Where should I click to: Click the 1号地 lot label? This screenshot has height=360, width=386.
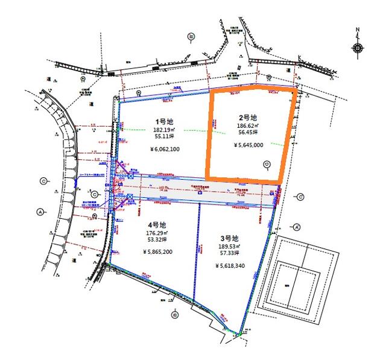pyautogui.click(x=165, y=121)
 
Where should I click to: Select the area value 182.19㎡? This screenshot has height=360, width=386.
pyautogui.click(x=165, y=130)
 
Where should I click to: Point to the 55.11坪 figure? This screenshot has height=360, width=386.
pyautogui.click(x=165, y=138)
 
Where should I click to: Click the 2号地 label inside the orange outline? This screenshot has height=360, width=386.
pyautogui.click(x=248, y=117)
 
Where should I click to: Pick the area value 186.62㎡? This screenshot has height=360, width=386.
pyautogui.click(x=248, y=126)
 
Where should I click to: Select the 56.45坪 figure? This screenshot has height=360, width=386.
pyautogui.click(x=248, y=134)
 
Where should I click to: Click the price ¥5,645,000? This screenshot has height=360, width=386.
pyautogui.click(x=248, y=145)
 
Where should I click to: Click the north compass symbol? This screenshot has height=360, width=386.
pyautogui.click(x=358, y=48)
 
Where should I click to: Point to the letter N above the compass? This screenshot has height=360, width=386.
pyautogui.click(x=358, y=30)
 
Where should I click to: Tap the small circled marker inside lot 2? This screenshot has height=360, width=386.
pyautogui.click(x=267, y=163)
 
